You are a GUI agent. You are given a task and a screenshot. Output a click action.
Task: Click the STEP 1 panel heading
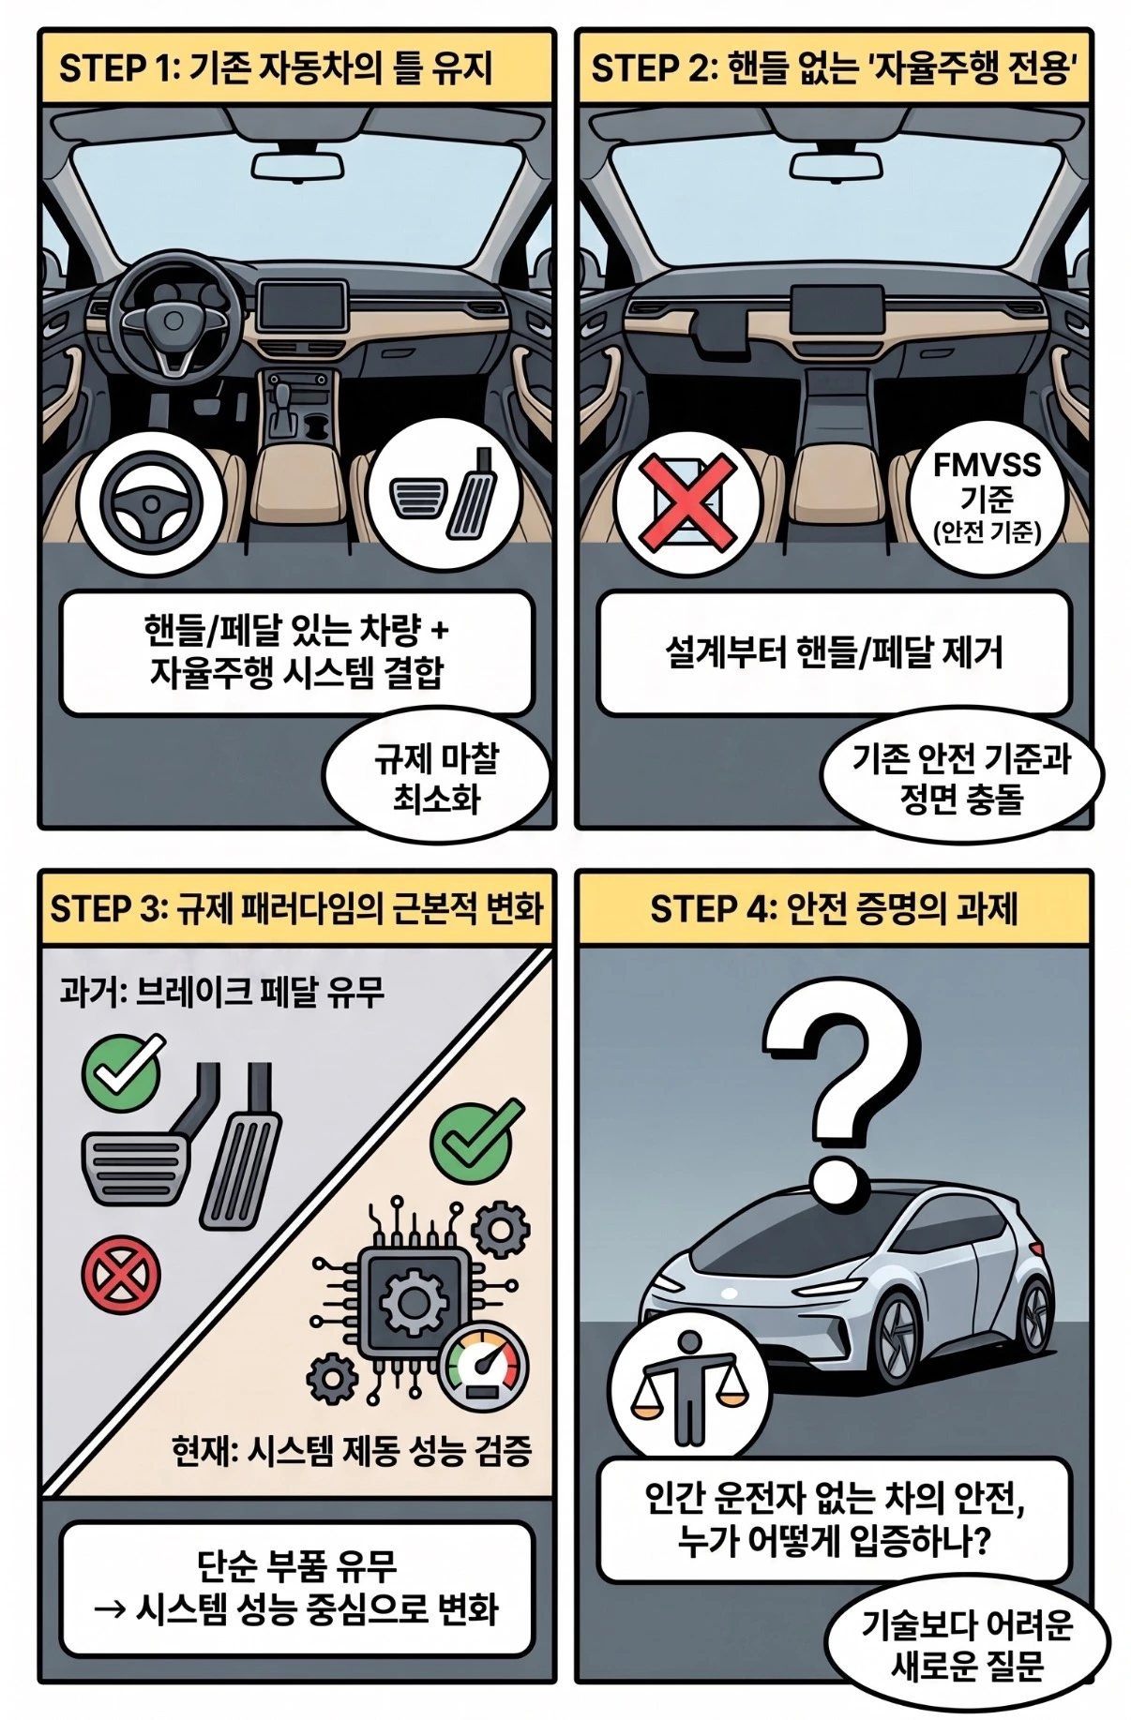pyautogui.click(x=276, y=68)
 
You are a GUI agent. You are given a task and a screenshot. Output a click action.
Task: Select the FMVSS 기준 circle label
pyautogui.click(x=987, y=498)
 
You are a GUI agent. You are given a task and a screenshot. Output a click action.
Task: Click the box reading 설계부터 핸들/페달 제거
pyautogui.click(x=834, y=652)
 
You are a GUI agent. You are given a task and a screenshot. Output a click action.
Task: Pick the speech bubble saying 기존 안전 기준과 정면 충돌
pyautogui.click(x=961, y=778)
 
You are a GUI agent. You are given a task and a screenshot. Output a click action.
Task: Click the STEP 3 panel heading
pyautogui.click(x=296, y=909)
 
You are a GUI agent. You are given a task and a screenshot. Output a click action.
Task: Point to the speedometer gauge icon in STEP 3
pyautogui.click(x=483, y=1369)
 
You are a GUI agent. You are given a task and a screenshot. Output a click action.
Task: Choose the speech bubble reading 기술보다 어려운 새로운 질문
pyautogui.click(x=967, y=1647)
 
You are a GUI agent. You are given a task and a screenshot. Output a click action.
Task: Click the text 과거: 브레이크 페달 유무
pyautogui.click(x=222, y=992)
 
